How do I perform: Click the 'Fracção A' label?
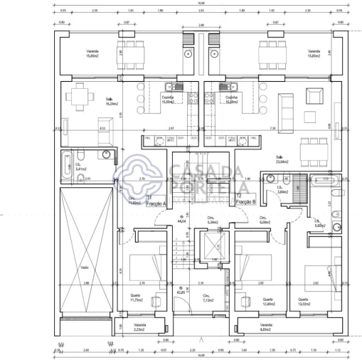pos(155,203)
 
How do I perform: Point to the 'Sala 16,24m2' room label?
pos(110,101)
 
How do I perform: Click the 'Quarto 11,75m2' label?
pos(136,299)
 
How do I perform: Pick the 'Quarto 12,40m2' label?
pos(268,302)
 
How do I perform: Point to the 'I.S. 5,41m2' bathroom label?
pos(80,168)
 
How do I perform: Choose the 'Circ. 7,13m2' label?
pos(207,299)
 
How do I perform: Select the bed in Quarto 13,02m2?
pos(319,275)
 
